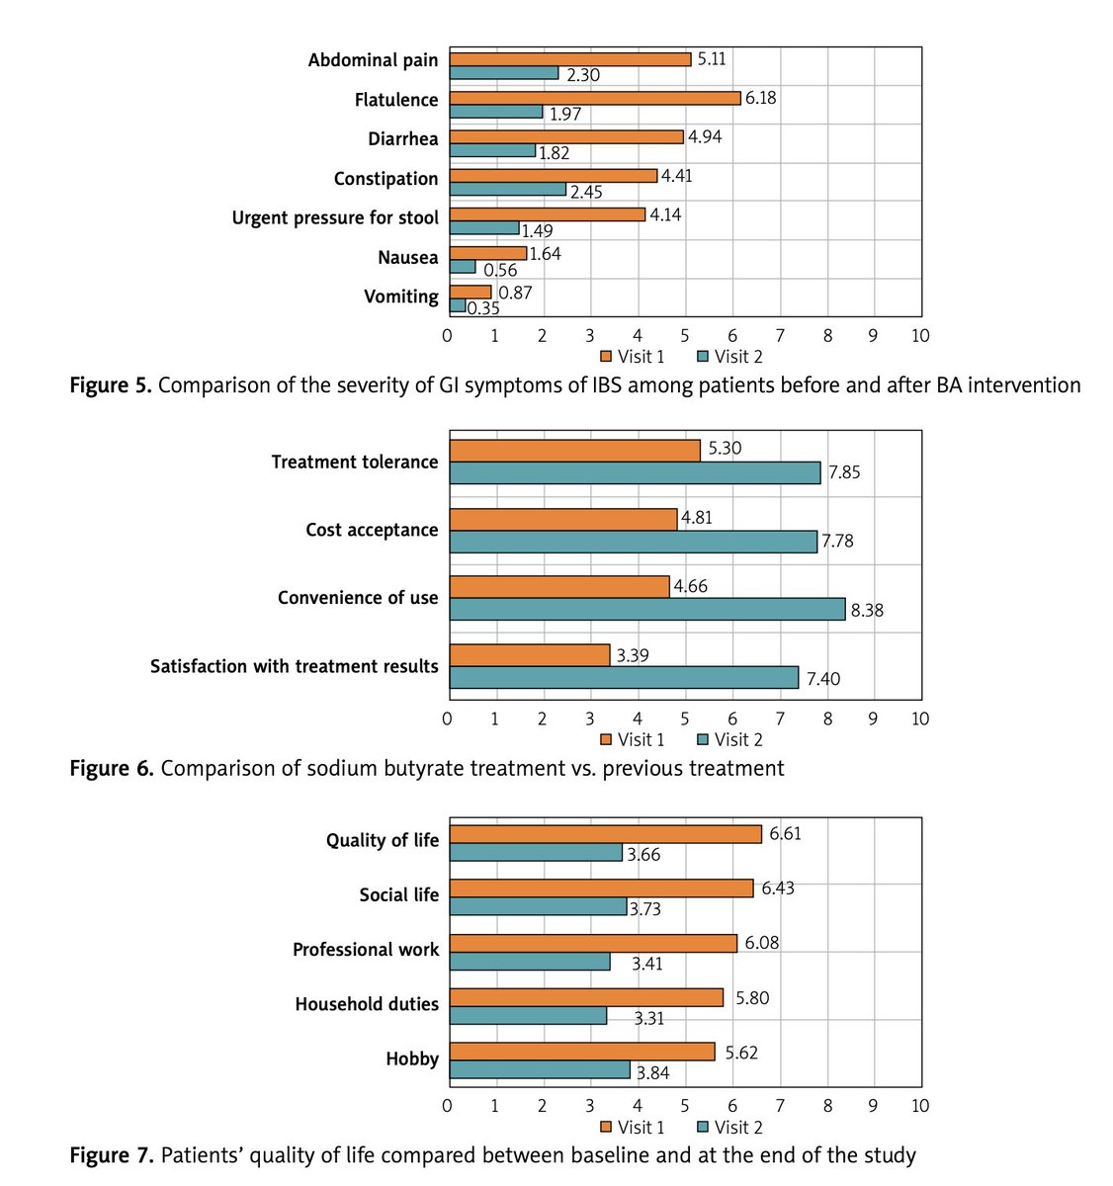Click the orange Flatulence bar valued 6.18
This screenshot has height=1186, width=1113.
tap(595, 98)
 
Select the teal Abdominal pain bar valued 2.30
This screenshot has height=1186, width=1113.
tap(504, 73)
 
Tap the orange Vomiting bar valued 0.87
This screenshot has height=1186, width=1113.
tap(471, 292)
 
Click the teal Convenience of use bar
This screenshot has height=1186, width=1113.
tap(647, 609)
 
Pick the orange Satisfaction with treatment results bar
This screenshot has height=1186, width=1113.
tap(530, 654)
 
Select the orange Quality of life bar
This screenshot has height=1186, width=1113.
tap(606, 834)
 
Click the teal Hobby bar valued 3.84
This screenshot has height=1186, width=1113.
tap(540, 1069)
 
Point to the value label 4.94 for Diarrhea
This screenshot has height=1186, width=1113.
tap(705, 137)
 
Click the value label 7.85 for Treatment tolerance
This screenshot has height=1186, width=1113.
tap(844, 472)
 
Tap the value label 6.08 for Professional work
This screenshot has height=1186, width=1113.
tap(761, 943)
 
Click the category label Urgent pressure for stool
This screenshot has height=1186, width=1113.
tap(335, 217)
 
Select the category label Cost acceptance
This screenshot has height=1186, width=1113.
tap(372, 530)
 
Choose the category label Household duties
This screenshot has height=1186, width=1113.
tap(367, 1004)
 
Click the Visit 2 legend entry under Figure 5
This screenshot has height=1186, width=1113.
tap(730, 357)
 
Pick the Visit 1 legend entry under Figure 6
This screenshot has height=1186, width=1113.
tap(633, 739)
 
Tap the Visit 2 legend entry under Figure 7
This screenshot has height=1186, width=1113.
tap(730, 1127)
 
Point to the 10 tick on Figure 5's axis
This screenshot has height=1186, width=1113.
tap(920, 336)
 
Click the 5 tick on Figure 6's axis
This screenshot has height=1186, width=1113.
tap(685, 719)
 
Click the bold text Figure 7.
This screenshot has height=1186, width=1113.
tap(111, 1154)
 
